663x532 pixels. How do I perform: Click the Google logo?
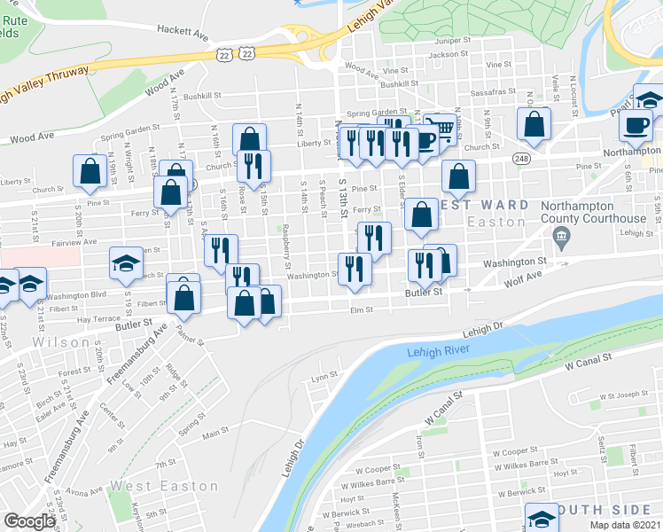30,521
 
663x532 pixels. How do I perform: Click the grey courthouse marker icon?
560,237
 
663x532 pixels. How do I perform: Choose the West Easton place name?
164,486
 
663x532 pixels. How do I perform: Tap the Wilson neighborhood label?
61,342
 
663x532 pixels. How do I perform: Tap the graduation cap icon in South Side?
542,519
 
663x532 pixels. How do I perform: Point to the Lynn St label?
320,377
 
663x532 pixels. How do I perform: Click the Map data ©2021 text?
626,525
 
